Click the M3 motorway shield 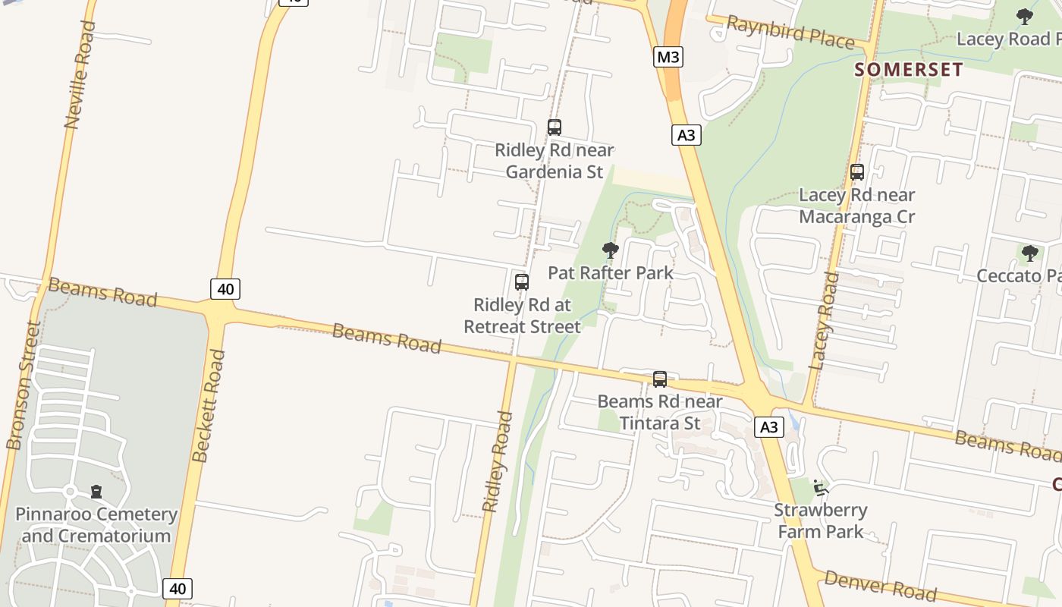tap(668, 57)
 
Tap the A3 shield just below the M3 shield tap(686, 136)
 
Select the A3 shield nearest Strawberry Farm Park tap(769, 427)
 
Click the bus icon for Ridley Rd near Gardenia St tap(555, 127)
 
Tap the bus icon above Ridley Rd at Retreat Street tap(522, 282)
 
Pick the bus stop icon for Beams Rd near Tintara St tap(660, 379)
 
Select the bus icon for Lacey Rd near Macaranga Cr tap(857, 172)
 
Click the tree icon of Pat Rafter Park tap(610, 250)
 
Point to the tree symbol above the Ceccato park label tap(1029, 253)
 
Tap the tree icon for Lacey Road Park tap(1025, 16)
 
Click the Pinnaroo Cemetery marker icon tap(96, 492)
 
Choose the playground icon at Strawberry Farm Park tap(818, 486)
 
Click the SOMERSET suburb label tap(909, 70)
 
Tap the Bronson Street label tap(22, 386)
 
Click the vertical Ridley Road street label tap(498, 461)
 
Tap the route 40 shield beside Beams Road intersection tap(225, 289)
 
